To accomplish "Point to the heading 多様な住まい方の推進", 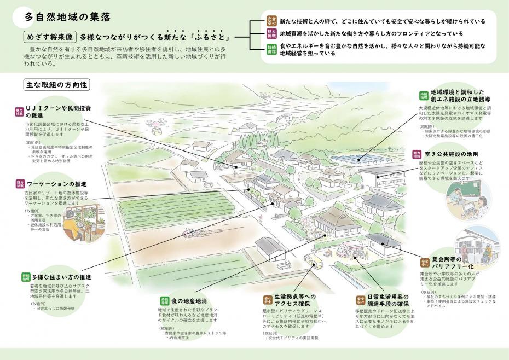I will pos(61,276).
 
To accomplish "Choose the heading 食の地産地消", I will pos(189,301).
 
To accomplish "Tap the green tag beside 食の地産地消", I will pos(164,301).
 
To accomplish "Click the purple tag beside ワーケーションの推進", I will pos(20,184).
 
